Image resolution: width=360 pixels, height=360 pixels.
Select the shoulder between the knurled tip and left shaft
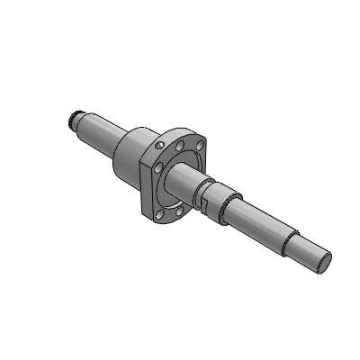(86, 118)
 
